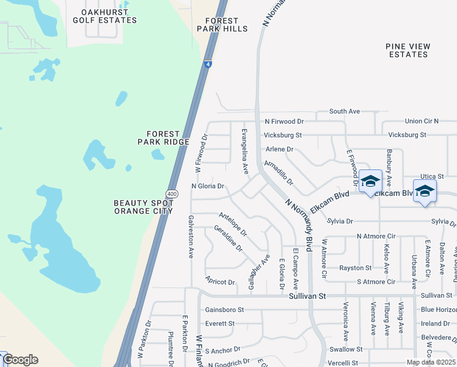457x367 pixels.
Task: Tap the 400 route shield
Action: coord(172,194)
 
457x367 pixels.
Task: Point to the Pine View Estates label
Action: coord(408,50)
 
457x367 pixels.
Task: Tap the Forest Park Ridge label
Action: coord(163,138)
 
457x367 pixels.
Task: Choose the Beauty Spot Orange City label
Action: coord(143,207)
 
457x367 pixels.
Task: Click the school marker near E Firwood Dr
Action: coord(370,181)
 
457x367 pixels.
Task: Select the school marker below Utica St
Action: coord(425,191)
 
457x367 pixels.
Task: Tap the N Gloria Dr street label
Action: coord(208,186)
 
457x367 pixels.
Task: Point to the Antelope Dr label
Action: coord(233,224)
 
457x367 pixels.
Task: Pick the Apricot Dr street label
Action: coord(221,282)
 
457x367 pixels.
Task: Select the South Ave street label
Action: coord(345,111)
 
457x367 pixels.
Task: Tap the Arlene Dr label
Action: coord(279,149)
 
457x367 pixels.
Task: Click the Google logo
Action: coord(20,360)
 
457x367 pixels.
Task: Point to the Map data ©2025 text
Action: coord(430,362)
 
